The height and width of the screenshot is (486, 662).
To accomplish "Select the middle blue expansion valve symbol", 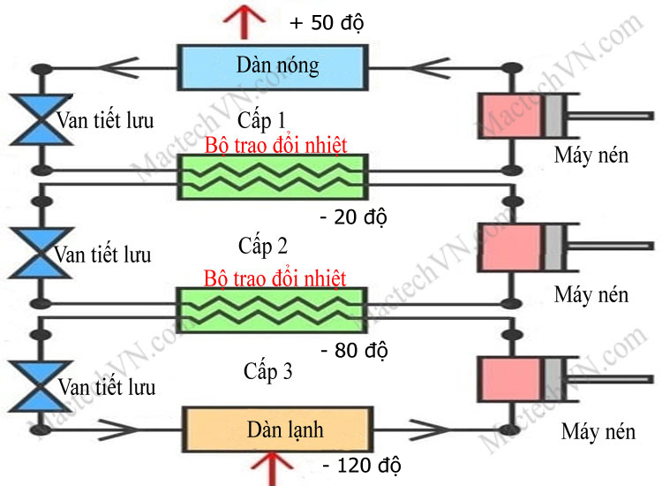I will [x=38, y=254].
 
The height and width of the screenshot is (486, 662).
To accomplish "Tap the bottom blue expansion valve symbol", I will [x=38, y=385].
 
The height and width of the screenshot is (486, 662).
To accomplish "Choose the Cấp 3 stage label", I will [x=267, y=372].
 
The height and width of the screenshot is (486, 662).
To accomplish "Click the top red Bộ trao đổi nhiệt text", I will [x=275, y=145].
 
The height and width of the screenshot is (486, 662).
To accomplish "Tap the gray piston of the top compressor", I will [x=553, y=115].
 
